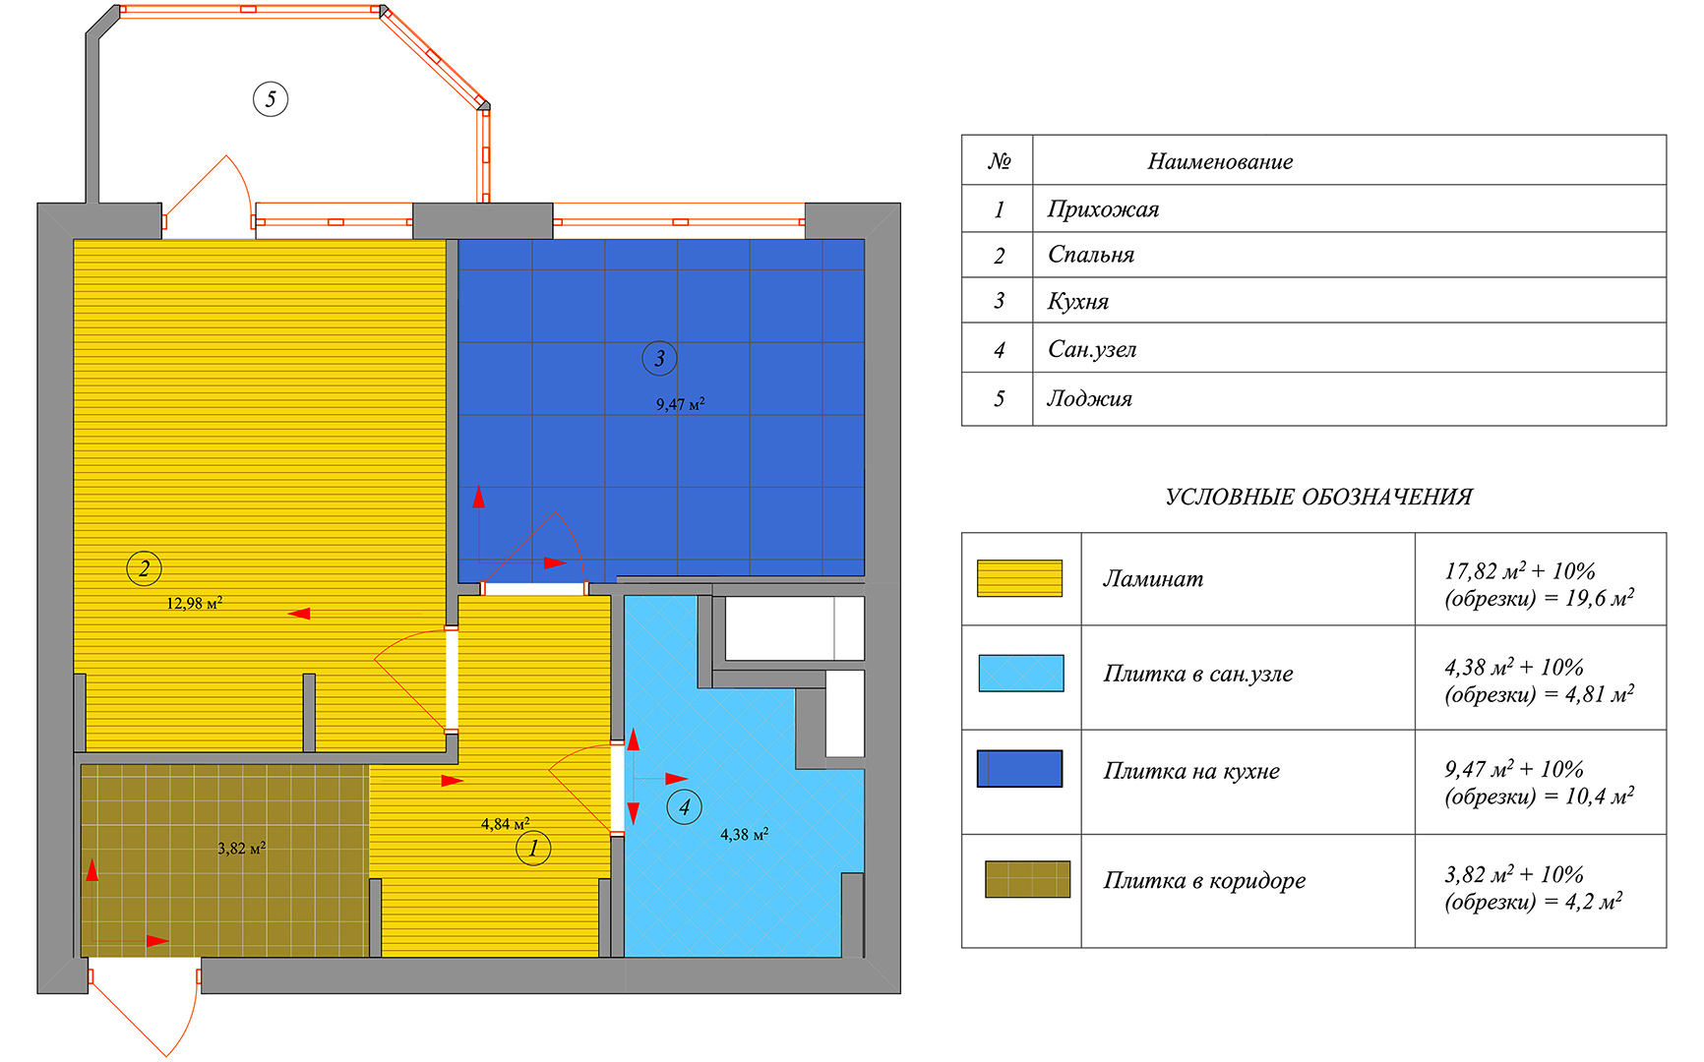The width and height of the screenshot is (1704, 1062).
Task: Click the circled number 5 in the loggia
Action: click(271, 98)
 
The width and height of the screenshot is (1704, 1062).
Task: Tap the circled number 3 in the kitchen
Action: click(659, 359)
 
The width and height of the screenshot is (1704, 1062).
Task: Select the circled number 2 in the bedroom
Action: click(145, 568)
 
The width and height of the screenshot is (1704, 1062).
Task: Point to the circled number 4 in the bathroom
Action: click(685, 807)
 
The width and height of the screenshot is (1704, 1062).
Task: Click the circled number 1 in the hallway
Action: click(533, 848)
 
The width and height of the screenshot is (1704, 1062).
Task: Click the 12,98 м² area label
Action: click(194, 603)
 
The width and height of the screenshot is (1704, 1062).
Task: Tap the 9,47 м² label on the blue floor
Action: click(681, 403)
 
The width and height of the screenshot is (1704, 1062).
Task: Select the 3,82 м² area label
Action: click(242, 848)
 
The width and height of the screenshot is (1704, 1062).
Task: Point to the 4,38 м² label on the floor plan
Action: click(744, 834)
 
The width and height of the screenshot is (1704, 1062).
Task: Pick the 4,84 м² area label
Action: click(506, 823)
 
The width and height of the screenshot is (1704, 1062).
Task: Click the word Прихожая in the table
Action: click(1103, 209)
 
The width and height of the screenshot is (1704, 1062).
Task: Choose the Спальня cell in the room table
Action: click(1091, 255)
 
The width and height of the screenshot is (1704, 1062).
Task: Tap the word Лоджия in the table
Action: click(1089, 398)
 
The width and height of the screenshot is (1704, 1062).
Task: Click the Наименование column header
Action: click(1220, 161)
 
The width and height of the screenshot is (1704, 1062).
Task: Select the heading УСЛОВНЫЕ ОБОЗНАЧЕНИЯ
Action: click(1318, 497)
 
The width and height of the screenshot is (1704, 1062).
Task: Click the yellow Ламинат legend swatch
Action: click(1019, 578)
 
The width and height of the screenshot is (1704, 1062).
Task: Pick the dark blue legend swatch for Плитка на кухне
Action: click(1019, 769)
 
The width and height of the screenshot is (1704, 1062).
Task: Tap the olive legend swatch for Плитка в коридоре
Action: click(1027, 879)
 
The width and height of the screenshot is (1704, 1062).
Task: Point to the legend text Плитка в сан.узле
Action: click(1198, 674)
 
